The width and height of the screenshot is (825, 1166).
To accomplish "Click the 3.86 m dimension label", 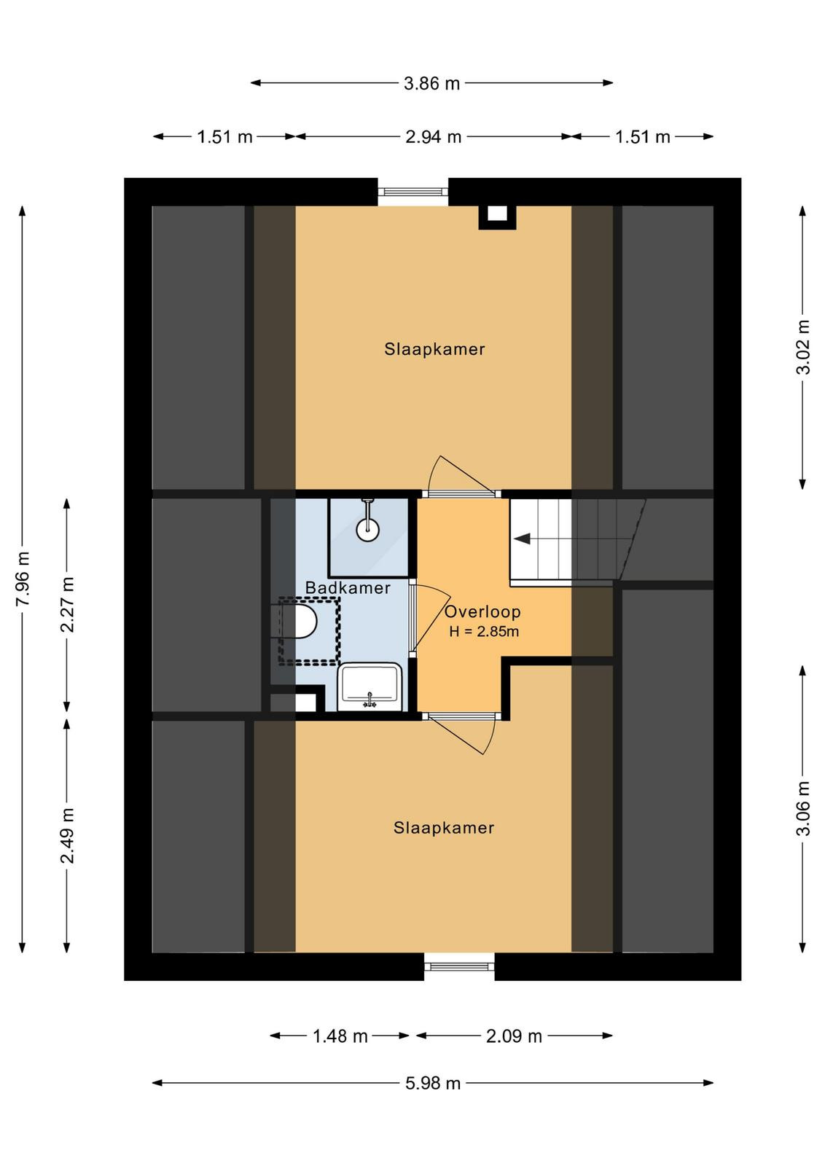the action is point(431,83).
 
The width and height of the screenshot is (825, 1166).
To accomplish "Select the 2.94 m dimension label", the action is point(433,137).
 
